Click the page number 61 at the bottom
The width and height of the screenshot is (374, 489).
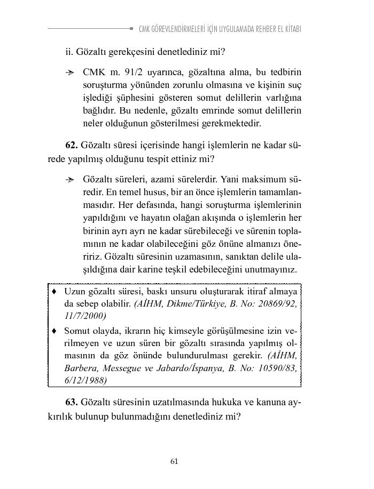point(174,461)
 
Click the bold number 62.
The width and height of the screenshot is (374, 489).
point(72,145)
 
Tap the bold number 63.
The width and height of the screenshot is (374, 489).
point(72,402)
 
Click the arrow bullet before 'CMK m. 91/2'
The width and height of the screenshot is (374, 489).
point(69,72)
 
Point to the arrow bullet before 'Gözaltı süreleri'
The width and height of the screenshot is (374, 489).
point(69,179)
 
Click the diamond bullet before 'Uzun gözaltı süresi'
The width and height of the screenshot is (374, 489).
point(54,292)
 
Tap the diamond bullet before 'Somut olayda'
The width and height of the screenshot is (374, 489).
point(54,331)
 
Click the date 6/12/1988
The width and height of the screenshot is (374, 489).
point(85,380)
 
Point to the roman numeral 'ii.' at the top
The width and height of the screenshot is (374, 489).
point(69,52)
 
